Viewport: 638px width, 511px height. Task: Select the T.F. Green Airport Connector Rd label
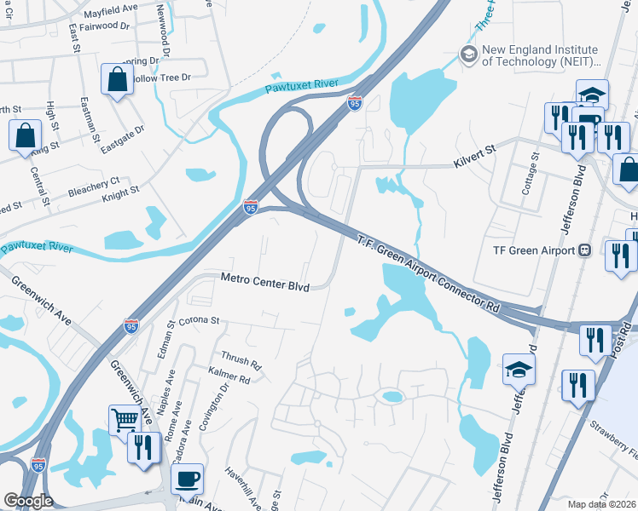pos(427,273)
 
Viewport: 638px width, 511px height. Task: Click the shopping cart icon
pos(125,420)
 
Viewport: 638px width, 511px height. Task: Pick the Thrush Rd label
pos(241,360)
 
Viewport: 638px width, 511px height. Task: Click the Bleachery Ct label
pos(94,185)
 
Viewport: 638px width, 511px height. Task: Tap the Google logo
pos(28,501)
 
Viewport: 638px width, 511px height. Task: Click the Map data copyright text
pos(600,504)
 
